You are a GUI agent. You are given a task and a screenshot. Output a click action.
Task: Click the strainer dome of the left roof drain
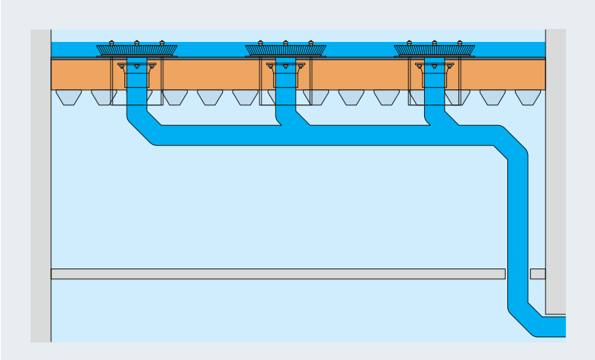tap(137, 50)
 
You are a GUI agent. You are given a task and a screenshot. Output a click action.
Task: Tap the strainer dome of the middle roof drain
tap(285, 50)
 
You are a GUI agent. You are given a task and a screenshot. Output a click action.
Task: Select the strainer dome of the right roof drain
tap(434, 50)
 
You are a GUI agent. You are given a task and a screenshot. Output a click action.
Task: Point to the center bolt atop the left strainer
tap(137, 43)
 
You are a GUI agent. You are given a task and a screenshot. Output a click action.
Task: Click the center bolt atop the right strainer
tap(434, 43)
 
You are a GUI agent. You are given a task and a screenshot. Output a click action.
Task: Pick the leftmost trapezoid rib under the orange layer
tap(69, 97)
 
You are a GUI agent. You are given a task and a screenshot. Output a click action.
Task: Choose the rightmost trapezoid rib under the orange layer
tap(527, 97)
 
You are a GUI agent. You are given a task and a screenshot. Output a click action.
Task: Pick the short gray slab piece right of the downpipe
tap(538, 274)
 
